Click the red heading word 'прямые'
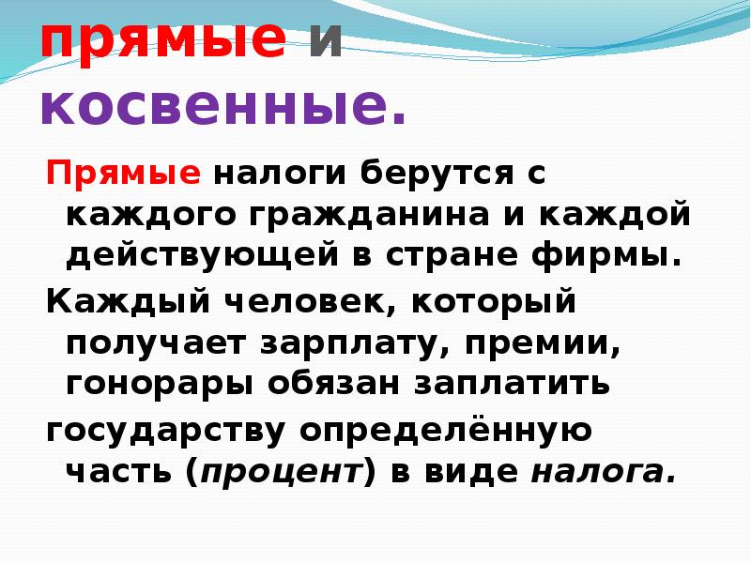(162, 40)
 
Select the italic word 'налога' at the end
(603, 472)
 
